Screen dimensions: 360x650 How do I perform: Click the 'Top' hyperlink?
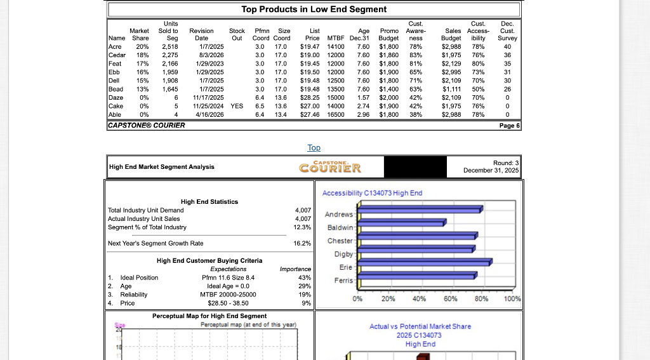tap(314, 147)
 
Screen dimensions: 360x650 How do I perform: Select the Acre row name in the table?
tap(115, 46)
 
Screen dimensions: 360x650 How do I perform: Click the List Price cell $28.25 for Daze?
tap(309, 97)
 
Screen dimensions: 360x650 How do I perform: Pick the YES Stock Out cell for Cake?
tap(237, 106)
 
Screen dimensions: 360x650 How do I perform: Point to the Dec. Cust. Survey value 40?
tap(507, 46)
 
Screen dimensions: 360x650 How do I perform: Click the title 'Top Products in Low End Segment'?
tap(314, 9)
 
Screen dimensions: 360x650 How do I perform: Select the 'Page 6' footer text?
tap(509, 125)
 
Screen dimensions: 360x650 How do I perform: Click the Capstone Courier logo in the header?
tap(330, 168)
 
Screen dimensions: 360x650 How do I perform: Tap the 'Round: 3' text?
tap(506, 163)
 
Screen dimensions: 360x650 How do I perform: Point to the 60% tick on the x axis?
tap(450, 299)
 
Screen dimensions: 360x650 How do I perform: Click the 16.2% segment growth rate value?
tap(302, 243)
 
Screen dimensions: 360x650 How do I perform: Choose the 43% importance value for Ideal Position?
tap(304, 277)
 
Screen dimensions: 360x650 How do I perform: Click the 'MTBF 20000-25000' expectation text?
tap(227, 295)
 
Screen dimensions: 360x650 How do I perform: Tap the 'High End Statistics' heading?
tap(209, 201)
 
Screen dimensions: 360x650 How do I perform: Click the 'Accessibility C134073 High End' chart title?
tap(372, 193)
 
